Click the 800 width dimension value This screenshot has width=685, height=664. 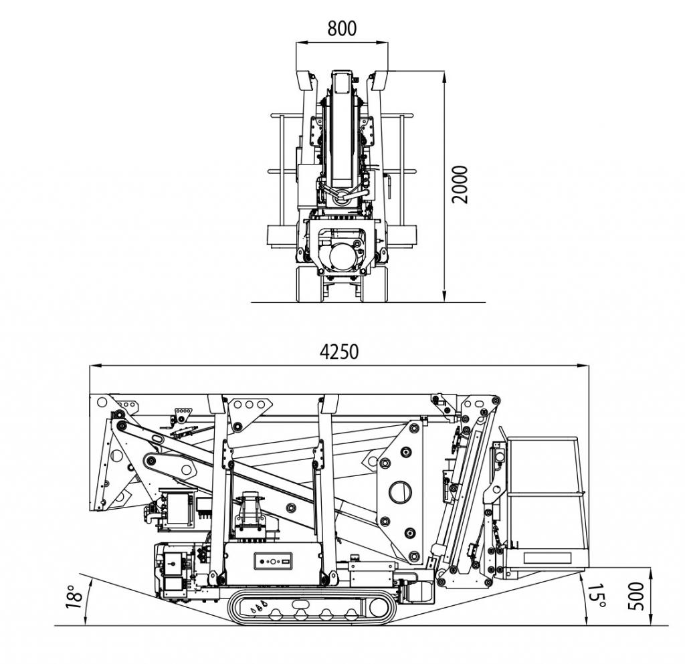(342, 28)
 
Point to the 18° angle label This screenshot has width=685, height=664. (75, 596)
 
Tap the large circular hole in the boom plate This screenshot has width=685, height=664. (400, 492)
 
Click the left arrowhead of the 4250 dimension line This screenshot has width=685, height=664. (94, 365)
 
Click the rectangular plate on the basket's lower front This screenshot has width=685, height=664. (547, 558)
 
